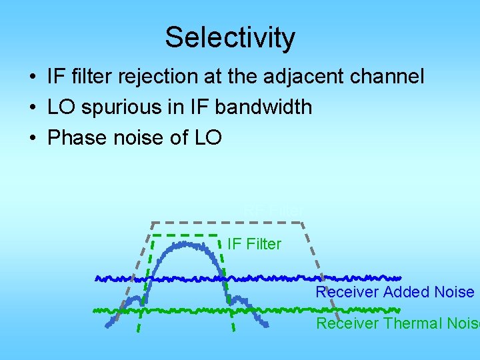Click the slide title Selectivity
[x=230, y=37]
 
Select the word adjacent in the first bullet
[x=313, y=77]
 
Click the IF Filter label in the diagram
[x=254, y=244]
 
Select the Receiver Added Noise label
[x=395, y=292]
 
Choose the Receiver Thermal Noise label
[x=397, y=323]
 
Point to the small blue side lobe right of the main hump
[x=238, y=301]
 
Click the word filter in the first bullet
[x=90, y=77]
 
